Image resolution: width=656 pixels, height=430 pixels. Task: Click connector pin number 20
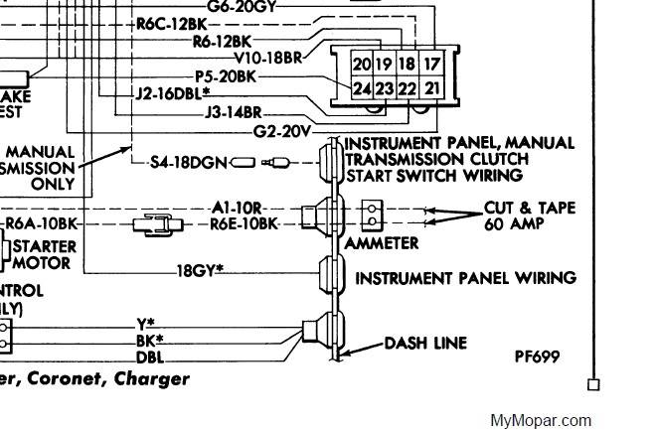pyautogui.click(x=362, y=64)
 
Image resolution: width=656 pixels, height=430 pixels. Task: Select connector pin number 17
pyautogui.click(x=430, y=64)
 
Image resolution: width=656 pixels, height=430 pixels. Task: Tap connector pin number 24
pyautogui.click(x=362, y=88)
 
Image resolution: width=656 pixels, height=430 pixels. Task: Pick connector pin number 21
pyautogui.click(x=430, y=88)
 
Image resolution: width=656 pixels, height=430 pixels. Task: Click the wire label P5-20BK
pyautogui.click(x=226, y=75)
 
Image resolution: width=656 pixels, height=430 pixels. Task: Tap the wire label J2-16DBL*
pyautogui.click(x=171, y=93)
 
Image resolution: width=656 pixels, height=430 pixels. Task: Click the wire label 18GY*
pyautogui.click(x=199, y=270)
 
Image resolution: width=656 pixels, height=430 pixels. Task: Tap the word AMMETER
pyautogui.click(x=382, y=242)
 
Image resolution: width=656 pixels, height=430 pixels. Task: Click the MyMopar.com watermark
pyautogui.click(x=541, y=420)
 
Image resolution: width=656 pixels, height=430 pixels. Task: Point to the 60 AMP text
pyautogui.click(x=514, y=225)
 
